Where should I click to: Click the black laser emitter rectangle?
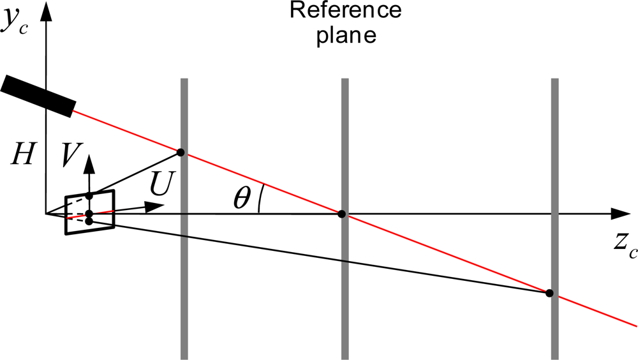point(39,96)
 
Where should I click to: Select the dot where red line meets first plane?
point(181,152)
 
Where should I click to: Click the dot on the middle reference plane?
point(342,214)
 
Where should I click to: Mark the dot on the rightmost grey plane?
point(549,293)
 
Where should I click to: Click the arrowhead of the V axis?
point(89,161)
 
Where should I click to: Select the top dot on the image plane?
point(89,195)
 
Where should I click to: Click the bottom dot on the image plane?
point(89,221)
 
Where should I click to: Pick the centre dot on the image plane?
point(89,214)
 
